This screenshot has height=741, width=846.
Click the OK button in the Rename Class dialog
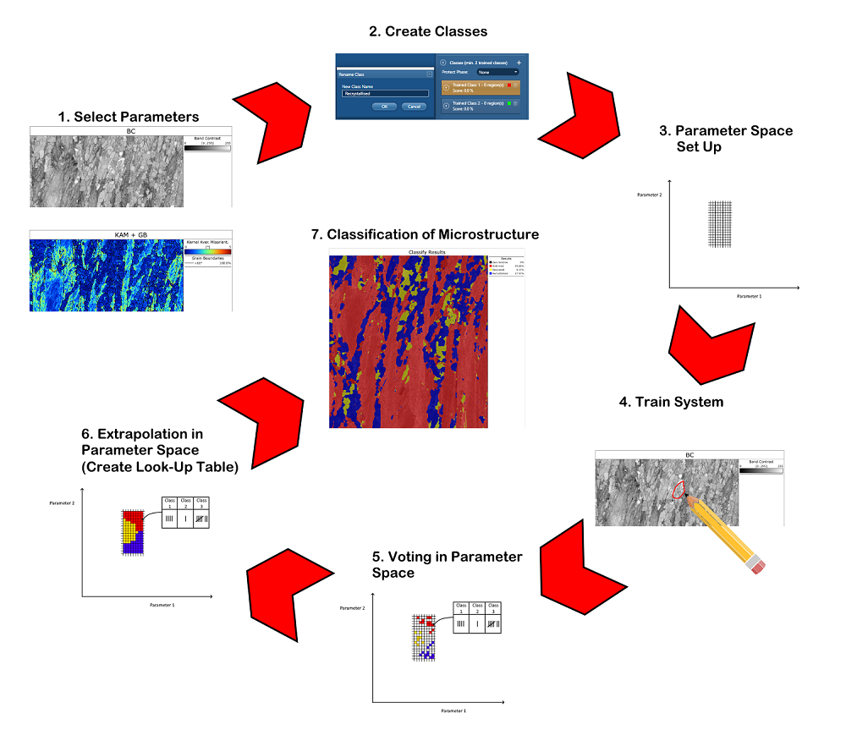pos(384,107)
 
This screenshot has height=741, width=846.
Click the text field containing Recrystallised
pos(386,94)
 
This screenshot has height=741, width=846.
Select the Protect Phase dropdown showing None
pos(497,73)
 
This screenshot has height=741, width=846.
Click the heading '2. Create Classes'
pos(428,32)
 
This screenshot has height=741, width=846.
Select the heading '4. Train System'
pos(671,402)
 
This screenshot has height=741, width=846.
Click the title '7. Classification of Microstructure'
pos(432,234)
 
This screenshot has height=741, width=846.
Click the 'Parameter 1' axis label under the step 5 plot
pos(453,711)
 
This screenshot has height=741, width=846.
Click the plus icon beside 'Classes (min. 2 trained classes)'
pos(519,63)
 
